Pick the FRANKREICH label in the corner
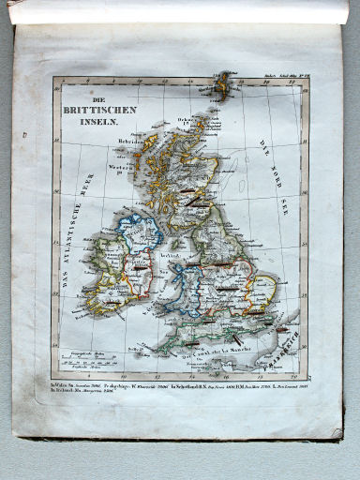click(x=282, y=350)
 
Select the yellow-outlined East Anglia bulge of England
click(x=262, y=290)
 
